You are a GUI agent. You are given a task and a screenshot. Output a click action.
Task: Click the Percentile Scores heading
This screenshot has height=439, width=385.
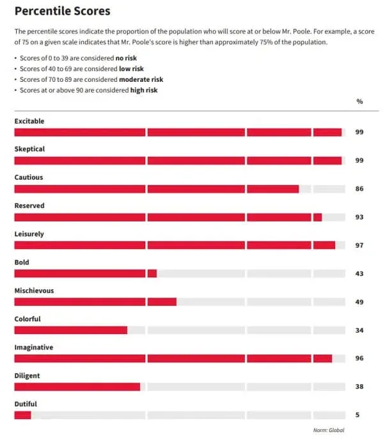click(x=62, y=11)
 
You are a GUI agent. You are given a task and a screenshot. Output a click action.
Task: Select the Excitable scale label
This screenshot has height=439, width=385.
click(x=29, y=121)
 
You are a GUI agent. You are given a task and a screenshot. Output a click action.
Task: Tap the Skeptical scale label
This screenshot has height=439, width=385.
click(x=29, y=149)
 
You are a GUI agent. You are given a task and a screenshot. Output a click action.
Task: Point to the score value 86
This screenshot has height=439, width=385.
click(x=359, y=189)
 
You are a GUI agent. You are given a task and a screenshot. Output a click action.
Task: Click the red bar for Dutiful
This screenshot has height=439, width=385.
click(x=22, y=415)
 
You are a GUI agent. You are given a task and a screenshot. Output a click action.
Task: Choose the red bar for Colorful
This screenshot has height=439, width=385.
click(x=70, y=330)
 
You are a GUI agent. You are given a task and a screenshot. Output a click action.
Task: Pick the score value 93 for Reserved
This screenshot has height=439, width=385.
click(x=359, y=218)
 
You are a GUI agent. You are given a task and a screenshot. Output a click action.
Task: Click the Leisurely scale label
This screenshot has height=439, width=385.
click(x=29, y=234)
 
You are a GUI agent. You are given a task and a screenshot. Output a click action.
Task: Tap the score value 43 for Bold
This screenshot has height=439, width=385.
click(x=359, y=274)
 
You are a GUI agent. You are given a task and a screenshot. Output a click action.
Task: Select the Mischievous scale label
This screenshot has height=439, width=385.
click(x=34, y=291)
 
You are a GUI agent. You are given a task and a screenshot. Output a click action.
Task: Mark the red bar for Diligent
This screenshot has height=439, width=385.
click(x=77, y=387)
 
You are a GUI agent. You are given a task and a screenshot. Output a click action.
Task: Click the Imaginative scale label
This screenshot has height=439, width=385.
click(x=33, y=347)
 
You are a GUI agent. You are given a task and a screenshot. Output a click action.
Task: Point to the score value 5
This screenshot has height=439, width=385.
click(x=357, y=415)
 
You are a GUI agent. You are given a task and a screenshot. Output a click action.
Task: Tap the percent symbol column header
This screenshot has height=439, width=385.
click(x=359, y=102)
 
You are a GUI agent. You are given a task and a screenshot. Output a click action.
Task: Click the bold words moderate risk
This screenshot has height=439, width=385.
click(x=139, y=79)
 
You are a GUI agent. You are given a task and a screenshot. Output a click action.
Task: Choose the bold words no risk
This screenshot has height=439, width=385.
click(x=127, y=58)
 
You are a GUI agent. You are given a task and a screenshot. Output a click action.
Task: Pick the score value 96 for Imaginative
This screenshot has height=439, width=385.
click(x=359, y=358)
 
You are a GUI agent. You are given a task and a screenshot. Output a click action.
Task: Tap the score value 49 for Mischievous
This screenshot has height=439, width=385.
click(x=359, y=302)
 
